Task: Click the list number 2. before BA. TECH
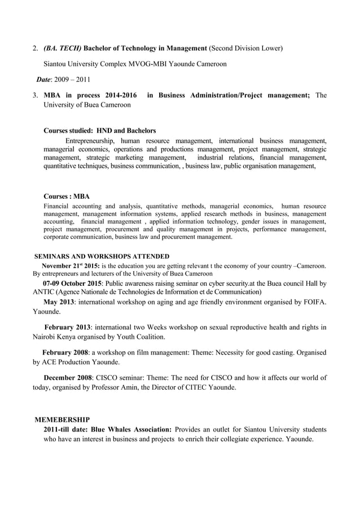pyautogui.click(x=35, y=49)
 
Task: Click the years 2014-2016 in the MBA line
pyautogui.click(x=116, y=95)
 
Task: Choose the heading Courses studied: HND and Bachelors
pyautogui.click(x=100, y=131)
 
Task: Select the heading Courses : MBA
pyautogui.click(x=67, y=197)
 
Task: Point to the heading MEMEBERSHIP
pyautogui.click(x=62, y=420)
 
